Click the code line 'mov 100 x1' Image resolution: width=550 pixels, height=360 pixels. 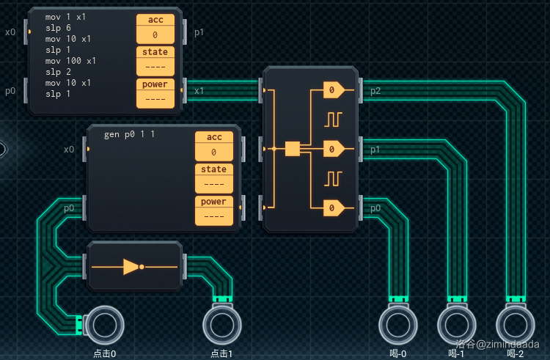70,61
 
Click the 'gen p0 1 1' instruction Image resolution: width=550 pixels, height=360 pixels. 129,134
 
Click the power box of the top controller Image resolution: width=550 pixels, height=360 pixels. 155,93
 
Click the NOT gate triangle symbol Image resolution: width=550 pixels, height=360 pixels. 131,266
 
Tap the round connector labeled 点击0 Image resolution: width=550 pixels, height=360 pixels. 103,325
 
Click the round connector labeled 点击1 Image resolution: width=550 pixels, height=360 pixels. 221,325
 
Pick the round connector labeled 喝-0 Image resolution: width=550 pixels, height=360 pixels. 397,325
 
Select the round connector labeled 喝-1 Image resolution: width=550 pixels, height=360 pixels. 456,325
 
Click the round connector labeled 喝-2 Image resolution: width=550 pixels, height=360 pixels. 516,325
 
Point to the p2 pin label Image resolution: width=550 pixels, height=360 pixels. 375,91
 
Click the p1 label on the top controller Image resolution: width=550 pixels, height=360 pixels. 199,32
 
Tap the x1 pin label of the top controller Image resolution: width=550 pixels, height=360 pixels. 199,91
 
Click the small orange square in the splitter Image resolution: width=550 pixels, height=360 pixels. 293,149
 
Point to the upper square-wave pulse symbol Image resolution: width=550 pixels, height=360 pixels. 334,118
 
